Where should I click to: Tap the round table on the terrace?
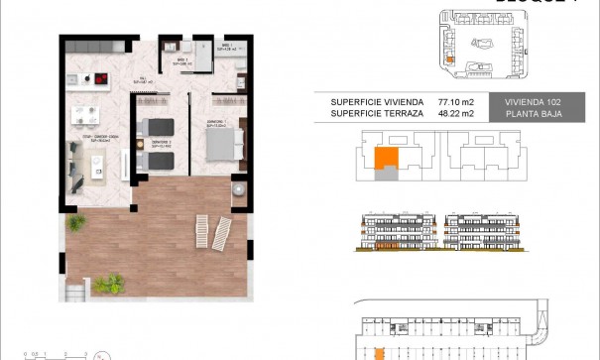238,190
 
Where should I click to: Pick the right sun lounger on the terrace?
223,233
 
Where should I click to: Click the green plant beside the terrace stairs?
110,286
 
